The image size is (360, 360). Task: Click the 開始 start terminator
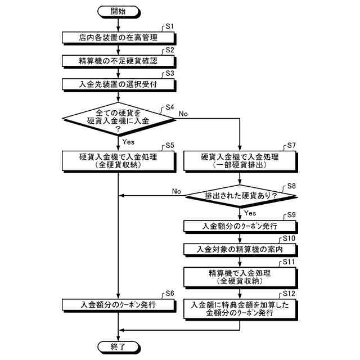pos(118,11)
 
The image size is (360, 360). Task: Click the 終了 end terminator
pos(118,345)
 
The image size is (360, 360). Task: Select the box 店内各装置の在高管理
pos(118,38)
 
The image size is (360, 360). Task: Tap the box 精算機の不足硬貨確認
pos(118,61)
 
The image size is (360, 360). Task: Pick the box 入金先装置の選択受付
pos(118,84)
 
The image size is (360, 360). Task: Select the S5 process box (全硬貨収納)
pos(118,161)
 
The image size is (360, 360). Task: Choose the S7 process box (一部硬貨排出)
pos(240,161)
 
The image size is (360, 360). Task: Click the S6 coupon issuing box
pos(118,304)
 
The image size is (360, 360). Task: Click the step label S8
pos(291,185)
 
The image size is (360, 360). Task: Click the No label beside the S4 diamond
pos(183,113)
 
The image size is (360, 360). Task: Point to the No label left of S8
pos(177,191)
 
